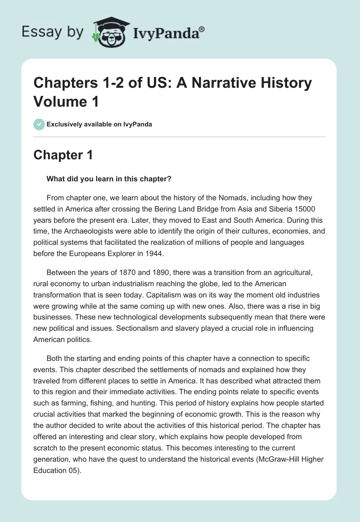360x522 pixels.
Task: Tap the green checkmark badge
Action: pos(39,124)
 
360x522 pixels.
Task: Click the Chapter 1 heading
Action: pos(63,155)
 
